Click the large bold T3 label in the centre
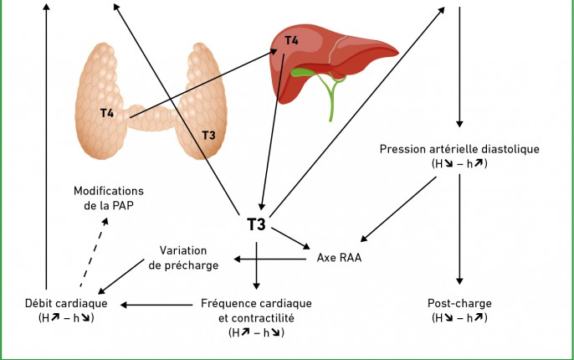tap(256, 224)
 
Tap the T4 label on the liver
tap(291, 40)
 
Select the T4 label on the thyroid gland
tap(107, 113)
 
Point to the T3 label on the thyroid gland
tap(208, 136)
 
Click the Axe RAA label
tap(339, 258)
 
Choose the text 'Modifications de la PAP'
tap(109, 198)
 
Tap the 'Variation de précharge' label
tap(183, 258)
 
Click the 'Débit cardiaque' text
tap(66, 303)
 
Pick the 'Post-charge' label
tap(459, 303)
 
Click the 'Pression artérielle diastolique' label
tap(459, 149)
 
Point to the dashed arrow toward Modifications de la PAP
tap(94, 252)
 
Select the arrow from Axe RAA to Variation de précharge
tap(270, 260)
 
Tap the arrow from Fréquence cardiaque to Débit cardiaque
tap(156, 305)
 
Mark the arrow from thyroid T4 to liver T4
tap(203, 84)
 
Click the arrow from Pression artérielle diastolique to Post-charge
tap(459, 229)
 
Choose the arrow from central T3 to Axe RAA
tap(290, 238)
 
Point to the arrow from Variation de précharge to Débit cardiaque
tap(121, 276)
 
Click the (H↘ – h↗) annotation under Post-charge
tap(459, 317)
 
